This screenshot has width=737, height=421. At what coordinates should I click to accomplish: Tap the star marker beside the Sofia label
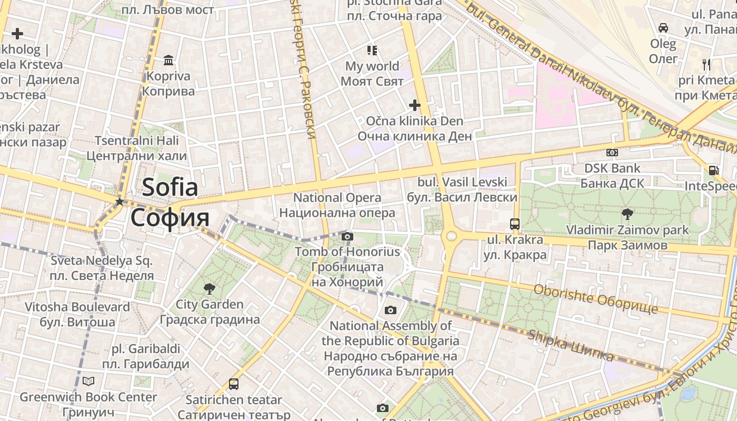click(x=119, y=202)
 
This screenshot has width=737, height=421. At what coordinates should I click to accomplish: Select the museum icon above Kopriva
click(x=168, y=61)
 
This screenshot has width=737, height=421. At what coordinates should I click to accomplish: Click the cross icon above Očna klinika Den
click(x=415, y=105)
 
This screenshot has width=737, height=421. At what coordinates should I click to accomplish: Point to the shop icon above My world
click(x=372, y=51)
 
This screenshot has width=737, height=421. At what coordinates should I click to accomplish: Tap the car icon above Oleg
click(x=663, y=27)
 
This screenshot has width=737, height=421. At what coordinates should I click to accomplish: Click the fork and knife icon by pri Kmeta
click(x=706, y=65)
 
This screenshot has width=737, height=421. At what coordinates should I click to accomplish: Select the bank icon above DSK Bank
click(x=612, y=153)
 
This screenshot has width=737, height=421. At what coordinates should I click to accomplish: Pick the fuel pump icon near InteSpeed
click(x=714, y=170)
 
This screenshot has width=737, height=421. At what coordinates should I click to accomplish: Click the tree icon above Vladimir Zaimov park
click(x=627, y=214)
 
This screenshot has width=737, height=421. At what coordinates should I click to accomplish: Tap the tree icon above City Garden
click(x=210, y=288)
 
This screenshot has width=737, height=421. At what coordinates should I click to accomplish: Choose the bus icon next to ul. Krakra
click(x=515, y=224)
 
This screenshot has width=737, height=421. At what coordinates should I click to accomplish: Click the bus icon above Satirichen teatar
click(x=234, y=384)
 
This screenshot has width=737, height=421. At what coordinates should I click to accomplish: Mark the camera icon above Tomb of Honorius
click(x=347, y=236)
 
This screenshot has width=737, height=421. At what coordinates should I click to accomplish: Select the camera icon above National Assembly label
click(x=391, y=310)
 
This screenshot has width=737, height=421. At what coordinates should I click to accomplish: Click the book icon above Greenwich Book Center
click(x=88, y=381)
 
